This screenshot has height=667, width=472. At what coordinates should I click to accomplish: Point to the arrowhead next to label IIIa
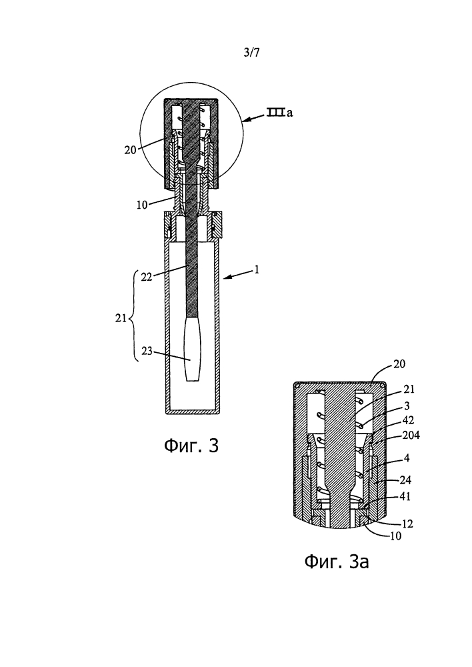click(245, 121)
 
